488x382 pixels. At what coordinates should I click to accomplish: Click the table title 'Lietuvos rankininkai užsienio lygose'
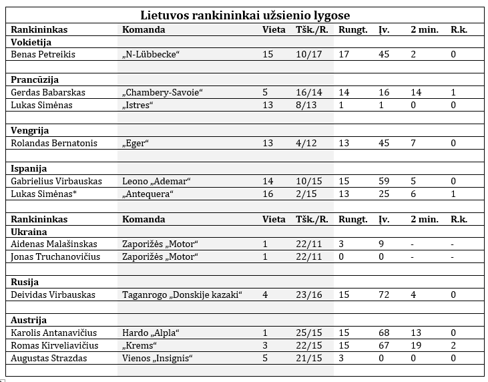tap(245, 15)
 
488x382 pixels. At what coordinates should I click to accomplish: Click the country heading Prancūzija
tap(35, 79)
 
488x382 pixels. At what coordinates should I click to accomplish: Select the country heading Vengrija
tap(30, 130)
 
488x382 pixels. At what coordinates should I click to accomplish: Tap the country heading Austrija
tap(29, 320)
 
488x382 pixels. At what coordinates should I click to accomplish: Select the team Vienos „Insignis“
tap(158, 358)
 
